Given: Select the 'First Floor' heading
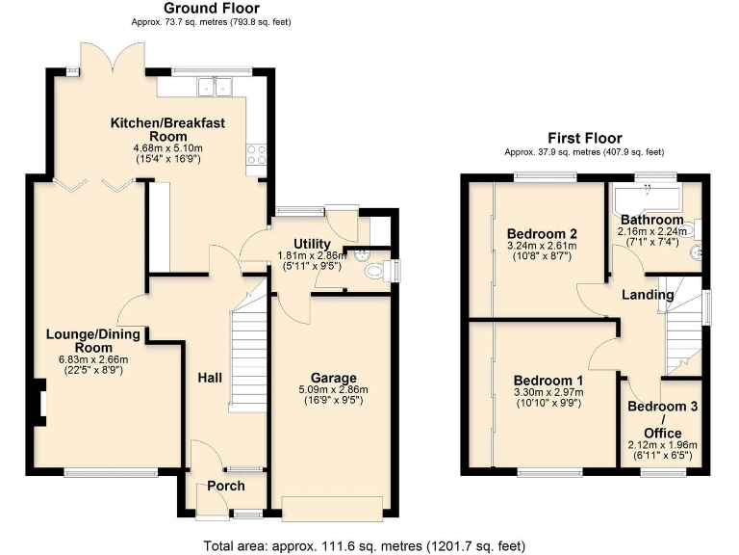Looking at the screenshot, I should pos(584,139).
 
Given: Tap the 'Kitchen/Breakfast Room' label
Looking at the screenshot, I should pos(167,129).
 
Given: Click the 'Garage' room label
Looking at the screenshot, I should pos(333,377).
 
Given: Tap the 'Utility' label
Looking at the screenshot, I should pos(304,244).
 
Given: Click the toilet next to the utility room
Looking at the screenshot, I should pos(377,271).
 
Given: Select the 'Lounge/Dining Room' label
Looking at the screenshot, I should pos(93,341).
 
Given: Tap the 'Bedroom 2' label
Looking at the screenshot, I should pos(542,233).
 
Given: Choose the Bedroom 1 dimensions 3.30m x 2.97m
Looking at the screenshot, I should pos(548,392).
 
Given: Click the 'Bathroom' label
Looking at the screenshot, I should pos(651,220).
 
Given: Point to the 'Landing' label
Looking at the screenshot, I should pos(647,294).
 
